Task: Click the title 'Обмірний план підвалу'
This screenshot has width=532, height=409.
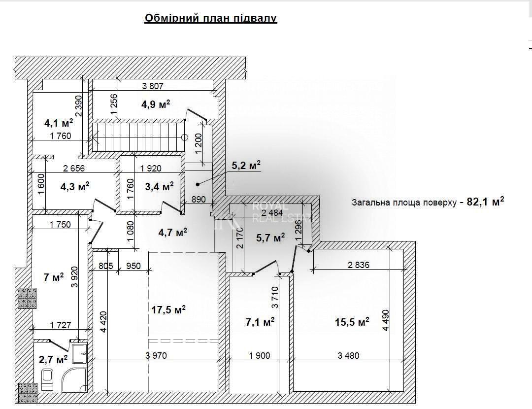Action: point(211,18)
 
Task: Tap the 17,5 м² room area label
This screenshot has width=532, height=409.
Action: point(168,309)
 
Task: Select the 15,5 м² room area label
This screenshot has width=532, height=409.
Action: point(352,321)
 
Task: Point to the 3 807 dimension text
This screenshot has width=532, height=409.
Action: point(153,86)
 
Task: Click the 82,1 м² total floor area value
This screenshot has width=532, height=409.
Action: point(486,202)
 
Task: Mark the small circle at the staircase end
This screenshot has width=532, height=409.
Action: point(185,137)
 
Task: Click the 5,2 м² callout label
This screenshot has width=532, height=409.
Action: point(246,165)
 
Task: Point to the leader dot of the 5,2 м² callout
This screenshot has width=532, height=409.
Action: point(198,184)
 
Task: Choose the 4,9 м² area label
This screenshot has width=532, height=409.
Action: point(156,104)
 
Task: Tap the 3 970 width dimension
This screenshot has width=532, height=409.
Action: point(156,355)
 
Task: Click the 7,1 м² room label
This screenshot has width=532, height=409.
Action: point(260,321)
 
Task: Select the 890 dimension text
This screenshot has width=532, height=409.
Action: point(199,199)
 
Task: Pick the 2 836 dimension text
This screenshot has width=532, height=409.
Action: point(359,265)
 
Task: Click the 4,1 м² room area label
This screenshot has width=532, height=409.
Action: point(59,123)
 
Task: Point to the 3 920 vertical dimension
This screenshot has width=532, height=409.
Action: point(74,276)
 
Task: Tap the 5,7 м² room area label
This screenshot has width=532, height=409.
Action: point(270,238)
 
